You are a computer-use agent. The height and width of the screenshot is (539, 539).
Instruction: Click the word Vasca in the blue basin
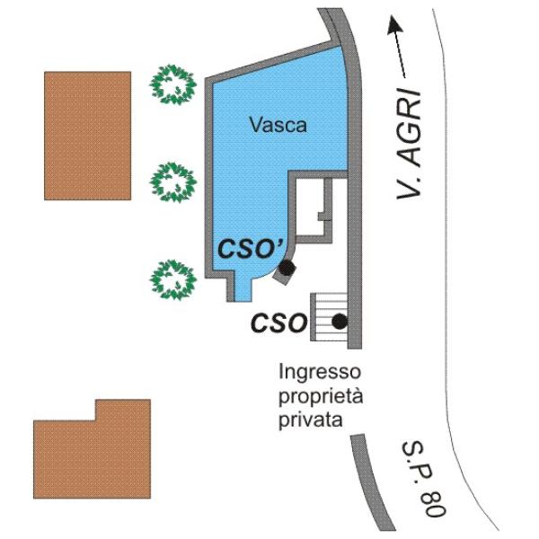tap(278, 125)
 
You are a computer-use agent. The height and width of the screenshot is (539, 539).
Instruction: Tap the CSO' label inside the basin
tap(251, 249)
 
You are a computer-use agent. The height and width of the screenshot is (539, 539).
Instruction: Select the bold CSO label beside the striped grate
tap(278, 323)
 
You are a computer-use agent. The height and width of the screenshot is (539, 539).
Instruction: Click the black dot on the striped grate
tap(340, 322)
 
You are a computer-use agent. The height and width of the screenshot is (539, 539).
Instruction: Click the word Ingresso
tap(320, 372)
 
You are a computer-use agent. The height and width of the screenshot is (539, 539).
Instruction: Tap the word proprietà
tap(321, 396)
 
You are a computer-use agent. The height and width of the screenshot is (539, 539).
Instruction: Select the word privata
tap(311, 420)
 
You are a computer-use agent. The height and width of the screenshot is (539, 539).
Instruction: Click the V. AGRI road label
tap(409, 144)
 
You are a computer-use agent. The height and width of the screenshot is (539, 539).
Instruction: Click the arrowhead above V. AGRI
tap(394, 25)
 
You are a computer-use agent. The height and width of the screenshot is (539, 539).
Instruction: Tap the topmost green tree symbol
tap(172, 84)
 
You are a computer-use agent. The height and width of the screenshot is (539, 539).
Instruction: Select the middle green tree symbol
tap(172, 182)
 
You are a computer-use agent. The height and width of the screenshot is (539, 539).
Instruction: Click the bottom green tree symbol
tap(172, 279)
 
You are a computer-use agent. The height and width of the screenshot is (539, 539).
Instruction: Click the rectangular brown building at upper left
tap(88, 136)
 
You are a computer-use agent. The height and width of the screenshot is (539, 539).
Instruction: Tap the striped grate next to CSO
tap(329, 317)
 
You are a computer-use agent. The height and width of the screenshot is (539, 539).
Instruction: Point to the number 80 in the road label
tap(435, 505)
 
